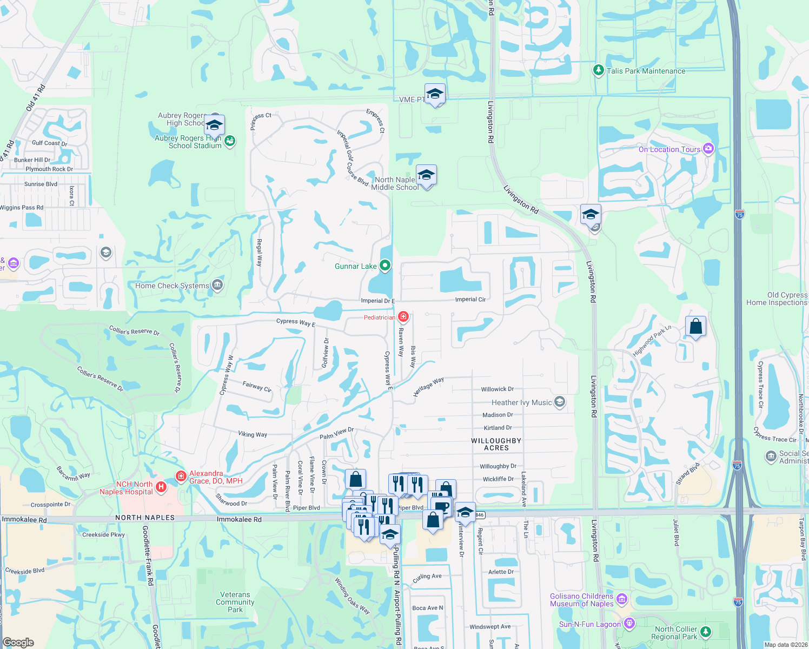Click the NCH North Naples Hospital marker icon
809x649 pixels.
coord(161,487)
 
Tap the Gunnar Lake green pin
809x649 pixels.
coord(385,266)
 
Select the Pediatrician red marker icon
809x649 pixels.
coord(403,317)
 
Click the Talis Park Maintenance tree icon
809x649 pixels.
coord(598,70)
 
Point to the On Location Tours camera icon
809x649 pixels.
coord(708,149)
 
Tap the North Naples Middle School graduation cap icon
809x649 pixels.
coord(426,175)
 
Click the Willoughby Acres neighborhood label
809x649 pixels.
coord(496,444)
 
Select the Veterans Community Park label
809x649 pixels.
coord(235,602)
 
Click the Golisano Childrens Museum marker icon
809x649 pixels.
coord(622,599)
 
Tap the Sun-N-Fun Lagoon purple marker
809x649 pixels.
coord(629,624)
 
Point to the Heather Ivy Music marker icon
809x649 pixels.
coord(560,402)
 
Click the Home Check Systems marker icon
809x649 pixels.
coord(217,285)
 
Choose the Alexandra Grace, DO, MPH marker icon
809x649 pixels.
coord(181,476)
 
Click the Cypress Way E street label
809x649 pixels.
coord(295,322)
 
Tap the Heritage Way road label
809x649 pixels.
coord(428,387)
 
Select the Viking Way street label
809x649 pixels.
coord(253,434)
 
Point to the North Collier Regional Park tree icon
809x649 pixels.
coord(705,632)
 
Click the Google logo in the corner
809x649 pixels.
coord(18,642)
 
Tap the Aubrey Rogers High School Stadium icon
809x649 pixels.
coord(230,142)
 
